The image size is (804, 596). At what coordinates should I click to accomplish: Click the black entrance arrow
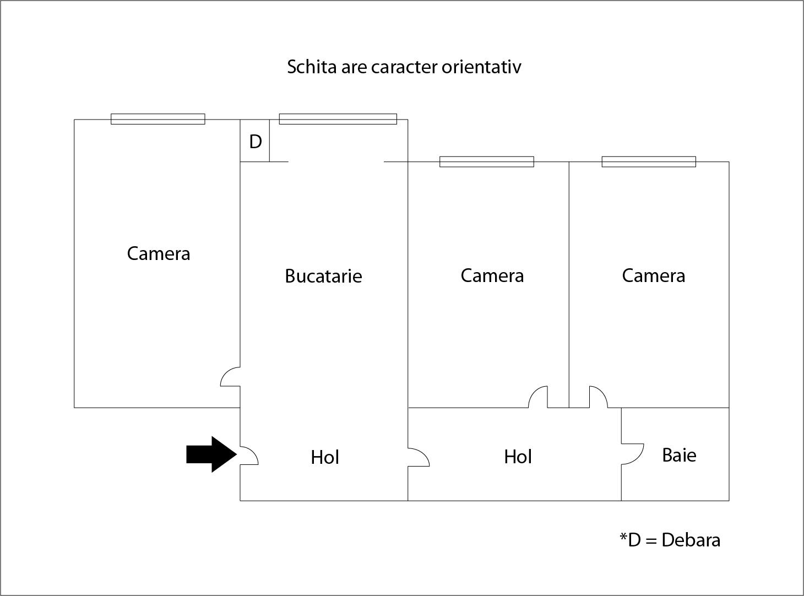[x=211, y=454]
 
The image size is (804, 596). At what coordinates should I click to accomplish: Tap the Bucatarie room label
[x=323, y=276]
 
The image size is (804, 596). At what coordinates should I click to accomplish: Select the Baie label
[x=679, y=455]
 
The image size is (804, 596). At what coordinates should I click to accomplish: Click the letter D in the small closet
[x=256, y=142]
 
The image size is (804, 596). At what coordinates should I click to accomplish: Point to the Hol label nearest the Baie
[x=518, y=457]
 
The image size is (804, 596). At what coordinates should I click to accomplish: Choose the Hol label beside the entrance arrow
[x=325, y=457]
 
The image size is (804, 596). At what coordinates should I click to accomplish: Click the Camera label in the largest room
[x=159, y=253]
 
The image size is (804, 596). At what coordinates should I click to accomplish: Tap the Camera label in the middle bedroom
[x=492, y=275]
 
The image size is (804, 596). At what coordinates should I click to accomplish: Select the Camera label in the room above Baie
[x=654, y=275]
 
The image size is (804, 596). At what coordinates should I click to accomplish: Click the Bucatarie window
[x=338, y=119]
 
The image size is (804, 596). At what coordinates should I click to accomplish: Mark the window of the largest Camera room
[x=157, y=119]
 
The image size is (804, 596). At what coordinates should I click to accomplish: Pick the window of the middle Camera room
[x=486, y=162]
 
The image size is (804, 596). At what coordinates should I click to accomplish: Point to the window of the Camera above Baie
[x=649, y=162]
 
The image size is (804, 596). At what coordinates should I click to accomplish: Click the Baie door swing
[x=633, y=454]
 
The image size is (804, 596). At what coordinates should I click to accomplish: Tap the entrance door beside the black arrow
[x=249, y=455]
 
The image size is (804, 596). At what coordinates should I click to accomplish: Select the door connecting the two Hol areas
[x=419, y=457]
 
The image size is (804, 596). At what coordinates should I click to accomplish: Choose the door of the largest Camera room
[x=230, y=377]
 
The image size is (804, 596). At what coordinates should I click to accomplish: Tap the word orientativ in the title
[x=481, y=67]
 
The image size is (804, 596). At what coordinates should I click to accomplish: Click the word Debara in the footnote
[x=691, y=540]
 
